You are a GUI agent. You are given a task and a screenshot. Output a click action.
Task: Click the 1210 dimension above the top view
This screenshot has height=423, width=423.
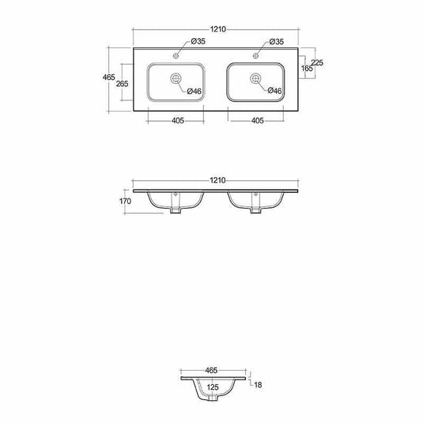(218, 29)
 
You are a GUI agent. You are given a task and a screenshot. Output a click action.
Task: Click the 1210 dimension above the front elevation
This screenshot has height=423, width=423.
(217, 180)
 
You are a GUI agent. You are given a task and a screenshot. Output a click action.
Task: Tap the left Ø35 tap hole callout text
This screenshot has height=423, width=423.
(198, 41)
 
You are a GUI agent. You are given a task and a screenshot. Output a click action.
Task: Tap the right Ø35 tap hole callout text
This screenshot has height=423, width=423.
(277, 42)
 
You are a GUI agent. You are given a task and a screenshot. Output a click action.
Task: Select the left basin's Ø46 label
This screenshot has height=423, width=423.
(195, 91)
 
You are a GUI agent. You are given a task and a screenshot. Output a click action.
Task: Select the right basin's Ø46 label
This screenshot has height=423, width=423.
(274, 91)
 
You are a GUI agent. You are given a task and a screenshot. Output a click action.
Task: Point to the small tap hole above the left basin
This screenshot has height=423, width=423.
(176, 56)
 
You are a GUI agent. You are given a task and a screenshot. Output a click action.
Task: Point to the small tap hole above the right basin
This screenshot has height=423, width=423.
(255, 55)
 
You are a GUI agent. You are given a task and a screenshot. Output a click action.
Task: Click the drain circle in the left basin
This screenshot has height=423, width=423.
(176, 78)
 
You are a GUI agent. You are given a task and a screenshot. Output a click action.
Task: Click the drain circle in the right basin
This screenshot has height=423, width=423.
(255, 78)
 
